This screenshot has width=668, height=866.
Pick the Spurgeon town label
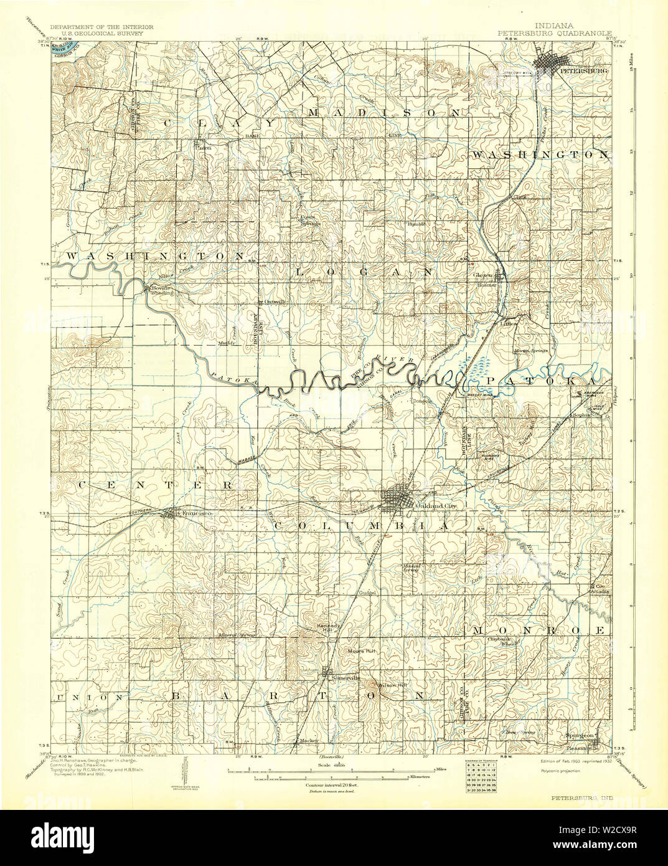tap(578, 735)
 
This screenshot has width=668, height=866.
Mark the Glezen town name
tap(483, 275)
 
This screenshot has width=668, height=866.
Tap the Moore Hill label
tap(361, 651)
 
